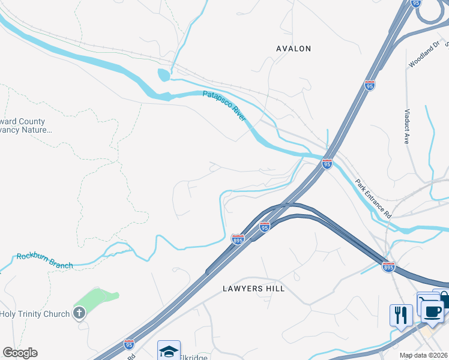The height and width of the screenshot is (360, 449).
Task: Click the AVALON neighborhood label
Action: (293, 49)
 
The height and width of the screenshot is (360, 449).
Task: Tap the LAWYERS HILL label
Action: (253, 289)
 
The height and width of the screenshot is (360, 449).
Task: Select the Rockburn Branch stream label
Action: (44, 261)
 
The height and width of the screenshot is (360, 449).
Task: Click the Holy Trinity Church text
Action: (35, 313)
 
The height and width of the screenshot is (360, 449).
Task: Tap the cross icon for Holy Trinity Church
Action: (79, 313)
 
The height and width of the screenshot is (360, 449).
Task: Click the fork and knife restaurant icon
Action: (400, 315)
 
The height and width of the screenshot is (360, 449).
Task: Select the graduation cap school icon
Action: (169, 350)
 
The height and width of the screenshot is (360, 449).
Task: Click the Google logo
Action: (20, 353)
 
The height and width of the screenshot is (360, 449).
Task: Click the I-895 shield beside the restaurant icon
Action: (388, 266)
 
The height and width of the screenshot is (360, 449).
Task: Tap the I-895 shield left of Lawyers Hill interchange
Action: (238, 239)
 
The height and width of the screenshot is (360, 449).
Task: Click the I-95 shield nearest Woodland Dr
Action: (370, 86)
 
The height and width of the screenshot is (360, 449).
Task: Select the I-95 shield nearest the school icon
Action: (129, 344)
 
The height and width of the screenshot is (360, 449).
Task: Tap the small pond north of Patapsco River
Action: (163, 76)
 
